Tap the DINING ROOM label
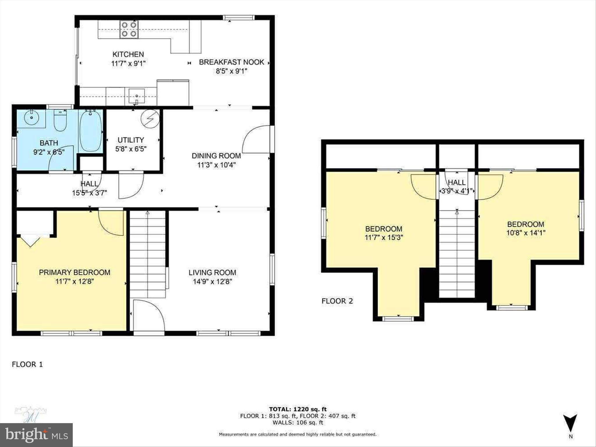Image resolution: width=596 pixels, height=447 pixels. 216,156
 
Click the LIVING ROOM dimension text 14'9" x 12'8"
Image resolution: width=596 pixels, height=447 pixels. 212,282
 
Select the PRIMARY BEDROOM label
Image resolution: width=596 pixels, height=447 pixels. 74,272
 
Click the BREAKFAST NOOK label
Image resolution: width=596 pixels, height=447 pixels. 231,62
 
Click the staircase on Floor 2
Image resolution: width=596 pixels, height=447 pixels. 457,253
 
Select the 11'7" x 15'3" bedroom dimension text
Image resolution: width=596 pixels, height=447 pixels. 384,237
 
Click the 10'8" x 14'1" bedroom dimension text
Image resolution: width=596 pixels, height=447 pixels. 526,233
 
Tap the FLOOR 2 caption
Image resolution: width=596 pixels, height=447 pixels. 337,301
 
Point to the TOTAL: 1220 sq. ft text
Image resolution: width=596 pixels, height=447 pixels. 297,409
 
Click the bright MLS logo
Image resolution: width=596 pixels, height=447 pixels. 36,435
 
